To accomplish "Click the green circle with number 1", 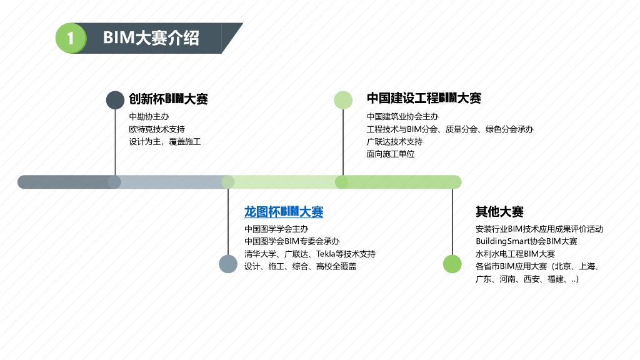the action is tap(71, 38).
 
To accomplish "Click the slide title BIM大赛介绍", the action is tap(151, 38).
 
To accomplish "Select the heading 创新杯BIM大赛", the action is tap(168, 99).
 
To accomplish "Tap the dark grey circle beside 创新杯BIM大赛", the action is tap(115, 100).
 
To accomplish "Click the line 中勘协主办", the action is tap(149, 117).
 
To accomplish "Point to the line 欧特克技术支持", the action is tap(157, 129).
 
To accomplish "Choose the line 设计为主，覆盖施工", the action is tap(165, 142).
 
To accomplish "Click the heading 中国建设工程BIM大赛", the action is tap(424, 98).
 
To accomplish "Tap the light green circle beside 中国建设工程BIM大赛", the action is tap(343, 100).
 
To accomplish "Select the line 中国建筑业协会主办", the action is tap(402, 117).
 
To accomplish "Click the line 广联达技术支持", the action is tap(394, 142).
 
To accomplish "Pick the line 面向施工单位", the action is tap(391, 154).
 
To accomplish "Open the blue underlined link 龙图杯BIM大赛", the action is tap(284, 212).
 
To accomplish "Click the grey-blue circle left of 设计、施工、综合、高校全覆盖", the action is tap(228, 264).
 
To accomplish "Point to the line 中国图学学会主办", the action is tap(276, 229).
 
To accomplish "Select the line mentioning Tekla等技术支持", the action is tap(310, 254).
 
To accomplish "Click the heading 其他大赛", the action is tap(499, 212).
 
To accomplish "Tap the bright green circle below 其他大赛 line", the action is tap(452, 264).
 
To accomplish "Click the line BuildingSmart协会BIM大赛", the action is tap(526, 242).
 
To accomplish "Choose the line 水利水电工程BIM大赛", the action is tap(515, 254).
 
